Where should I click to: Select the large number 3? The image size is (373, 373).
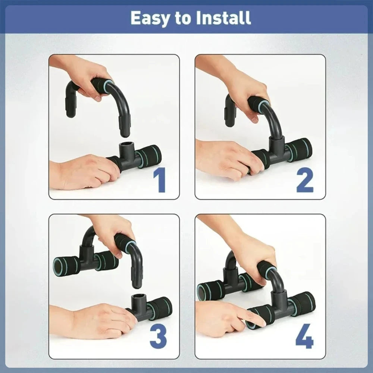(x=158, y=337)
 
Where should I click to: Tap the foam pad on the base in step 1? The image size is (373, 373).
(x=149, y=156)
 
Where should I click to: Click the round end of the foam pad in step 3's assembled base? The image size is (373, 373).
(x=60, y=266)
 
